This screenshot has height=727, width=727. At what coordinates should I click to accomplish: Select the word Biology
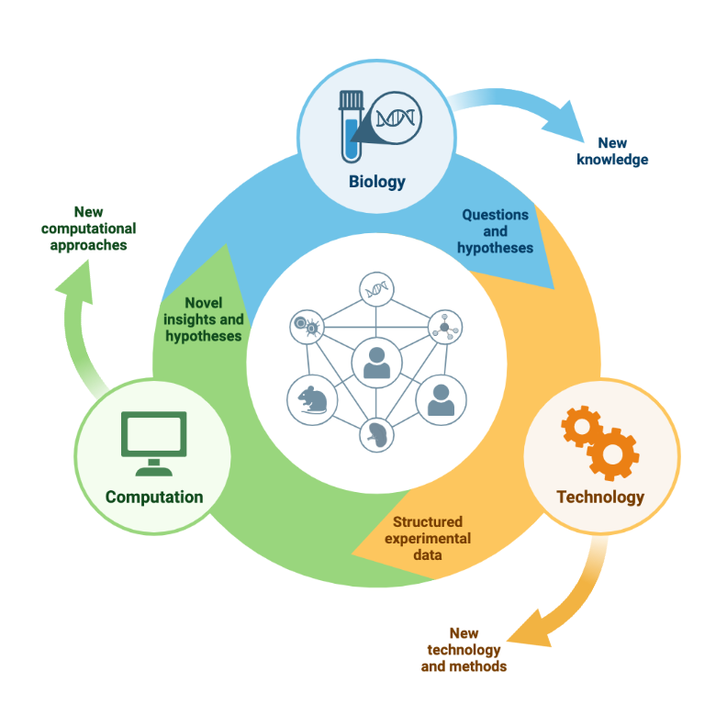(x=376, y=181)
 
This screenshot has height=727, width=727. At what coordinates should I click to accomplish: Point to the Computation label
(x=154, y=497)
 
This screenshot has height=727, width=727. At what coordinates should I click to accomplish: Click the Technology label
(x=600, y=497)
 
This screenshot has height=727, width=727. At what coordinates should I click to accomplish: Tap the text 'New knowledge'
(x=612, y=151)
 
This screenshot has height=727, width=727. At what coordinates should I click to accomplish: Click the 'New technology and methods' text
(x=464, y=649)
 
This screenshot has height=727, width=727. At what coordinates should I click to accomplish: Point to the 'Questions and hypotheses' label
(x=495, y=230)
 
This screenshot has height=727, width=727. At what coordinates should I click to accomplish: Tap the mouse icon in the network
(x=312, y=399)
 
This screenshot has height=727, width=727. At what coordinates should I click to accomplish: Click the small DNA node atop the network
(x=376, y=289)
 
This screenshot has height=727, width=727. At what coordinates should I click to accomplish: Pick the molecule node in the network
(x=445, y=326)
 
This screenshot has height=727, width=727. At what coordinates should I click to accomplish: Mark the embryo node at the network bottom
(x=376, y=434)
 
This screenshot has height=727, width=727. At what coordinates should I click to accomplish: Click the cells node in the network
(x=306, y=325)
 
